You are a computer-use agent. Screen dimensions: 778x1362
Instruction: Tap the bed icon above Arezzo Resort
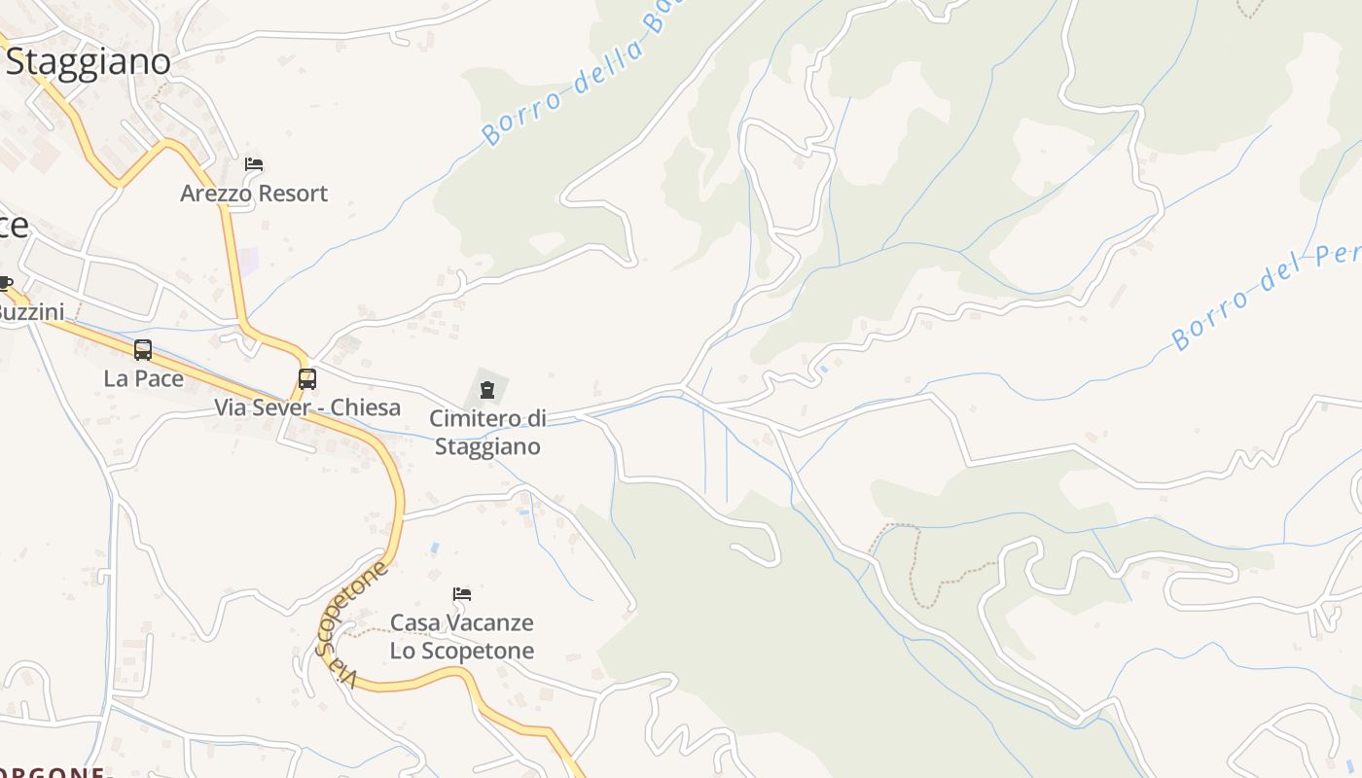254,164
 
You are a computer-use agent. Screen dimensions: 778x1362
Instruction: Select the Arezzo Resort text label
254,194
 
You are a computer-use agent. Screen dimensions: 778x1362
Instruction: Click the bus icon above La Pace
143,350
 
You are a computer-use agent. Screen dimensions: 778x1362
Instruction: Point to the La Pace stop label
144,378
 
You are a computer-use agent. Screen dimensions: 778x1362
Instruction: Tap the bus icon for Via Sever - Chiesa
306,379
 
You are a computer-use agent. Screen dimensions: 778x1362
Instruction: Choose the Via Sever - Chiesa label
307,407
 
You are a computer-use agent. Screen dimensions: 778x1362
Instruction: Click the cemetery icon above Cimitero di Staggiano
486,390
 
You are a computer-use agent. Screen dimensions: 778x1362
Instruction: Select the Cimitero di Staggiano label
487,433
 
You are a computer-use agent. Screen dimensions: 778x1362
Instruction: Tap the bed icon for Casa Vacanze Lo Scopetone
462,593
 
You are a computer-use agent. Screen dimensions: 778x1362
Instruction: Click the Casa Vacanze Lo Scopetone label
462,636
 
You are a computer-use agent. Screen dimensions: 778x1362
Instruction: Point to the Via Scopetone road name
350,622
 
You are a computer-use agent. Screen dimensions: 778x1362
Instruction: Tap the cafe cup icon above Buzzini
4,284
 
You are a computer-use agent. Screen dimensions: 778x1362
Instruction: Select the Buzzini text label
29,312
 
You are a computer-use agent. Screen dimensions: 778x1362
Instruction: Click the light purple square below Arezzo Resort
249,261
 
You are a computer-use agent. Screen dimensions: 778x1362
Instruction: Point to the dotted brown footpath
914,564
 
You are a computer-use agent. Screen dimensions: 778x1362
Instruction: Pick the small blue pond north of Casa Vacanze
434,548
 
